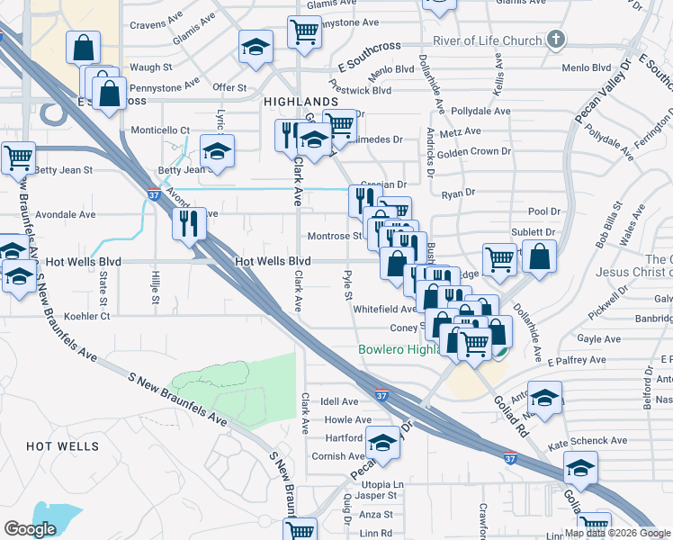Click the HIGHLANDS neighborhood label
point(301,103)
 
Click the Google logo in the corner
point(30,528)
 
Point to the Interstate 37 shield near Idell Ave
point(381,394)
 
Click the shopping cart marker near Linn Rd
point(300,531)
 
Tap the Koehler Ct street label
point(87,317)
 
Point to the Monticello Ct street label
point(160,130)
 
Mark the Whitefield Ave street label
point(384,309)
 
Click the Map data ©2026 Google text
point(616,533)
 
